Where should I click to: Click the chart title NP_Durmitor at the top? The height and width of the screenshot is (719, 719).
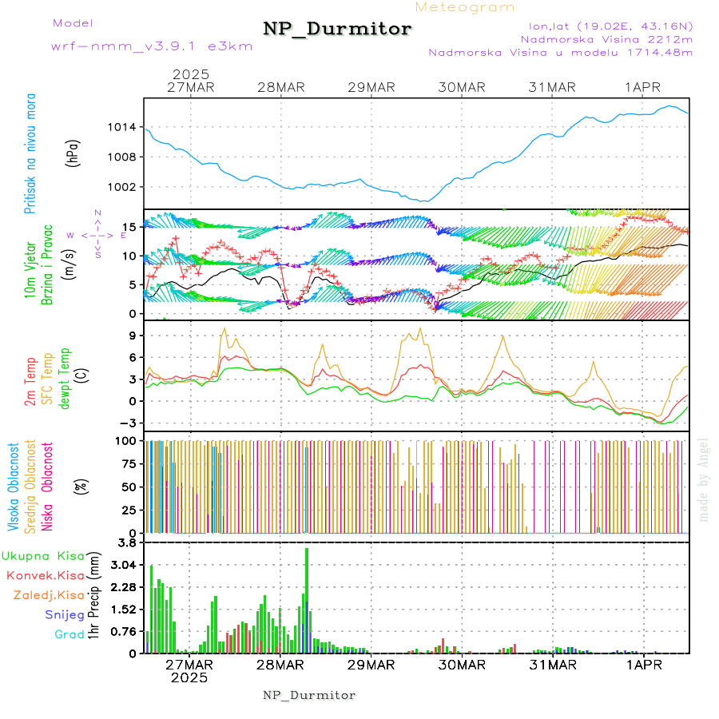click(x=337, y=30)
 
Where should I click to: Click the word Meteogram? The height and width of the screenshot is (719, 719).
click(x=465, y=7)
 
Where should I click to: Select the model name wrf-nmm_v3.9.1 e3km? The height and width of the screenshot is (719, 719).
click(x=152, y=46)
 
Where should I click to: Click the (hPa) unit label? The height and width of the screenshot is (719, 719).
click(x=73, y=153)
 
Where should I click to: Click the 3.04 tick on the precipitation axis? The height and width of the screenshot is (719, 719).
click(x=125, y=565)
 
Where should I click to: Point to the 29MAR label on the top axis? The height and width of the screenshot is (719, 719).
click(x=371, y=87)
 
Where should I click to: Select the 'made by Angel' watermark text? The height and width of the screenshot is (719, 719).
click(x=704, y=479)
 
